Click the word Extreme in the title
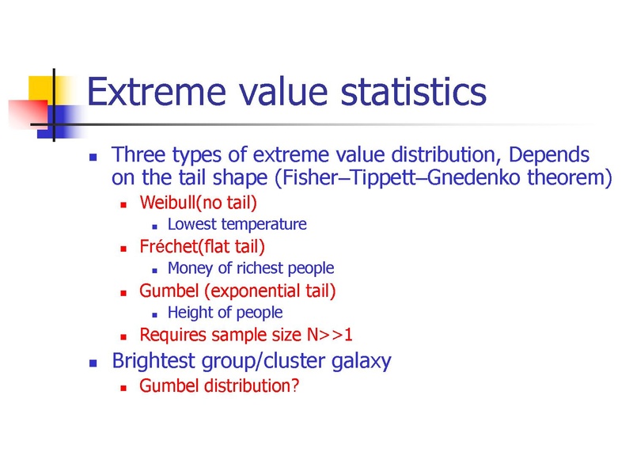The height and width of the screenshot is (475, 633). pos(157,92)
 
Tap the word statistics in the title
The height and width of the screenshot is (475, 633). pos(414,92)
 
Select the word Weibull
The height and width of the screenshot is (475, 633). pos(168,202)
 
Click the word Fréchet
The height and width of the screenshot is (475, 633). pos(169,246)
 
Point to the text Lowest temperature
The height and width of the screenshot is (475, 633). pos(237,224)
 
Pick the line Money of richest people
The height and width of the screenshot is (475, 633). pos(251,268)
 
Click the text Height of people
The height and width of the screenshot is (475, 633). pos(225,312)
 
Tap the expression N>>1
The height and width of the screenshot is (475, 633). pos(330,334)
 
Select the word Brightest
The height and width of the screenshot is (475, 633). pos(154,361)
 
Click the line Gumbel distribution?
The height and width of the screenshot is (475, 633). pos(219,386)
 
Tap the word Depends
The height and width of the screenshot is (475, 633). pos(548,155)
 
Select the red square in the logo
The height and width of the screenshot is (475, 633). pos(28,114)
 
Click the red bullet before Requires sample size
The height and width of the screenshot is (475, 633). pos(123,336)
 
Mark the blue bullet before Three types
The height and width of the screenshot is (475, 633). pos(93,157)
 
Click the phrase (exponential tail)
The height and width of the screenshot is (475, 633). pos(270,291)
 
